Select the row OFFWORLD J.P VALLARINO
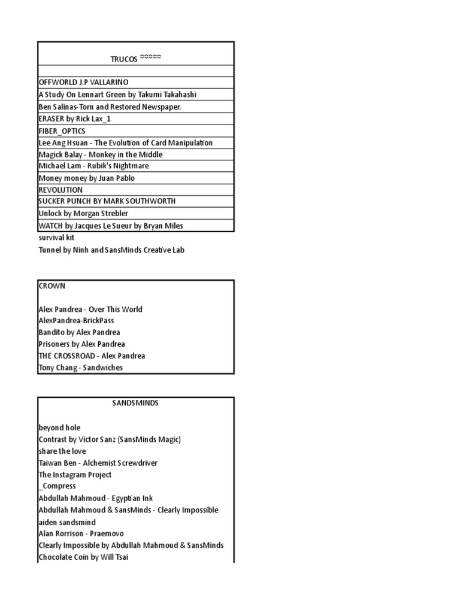[x=83, y=83]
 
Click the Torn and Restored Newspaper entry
[x=110, y=107]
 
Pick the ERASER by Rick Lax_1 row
[x=75, y=119]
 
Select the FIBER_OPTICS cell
[x=62, y=131]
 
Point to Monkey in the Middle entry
[x=101, y=154]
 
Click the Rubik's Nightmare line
[x=94, y=166]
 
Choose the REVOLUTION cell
[x=60, y=190]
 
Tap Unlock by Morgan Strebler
[x=83, y=213]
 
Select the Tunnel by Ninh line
[x=111, y=250]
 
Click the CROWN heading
[x=52, y=286]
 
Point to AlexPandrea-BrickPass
[x=76, y=321]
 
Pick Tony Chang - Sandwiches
[x=81, y=368]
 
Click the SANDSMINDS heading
[x=135, y=403]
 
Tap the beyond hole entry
[x=59, y=427]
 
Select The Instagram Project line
[x=75, y=475]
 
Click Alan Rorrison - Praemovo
[x=81, y=533]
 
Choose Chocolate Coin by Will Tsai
[x=83, y=557]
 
